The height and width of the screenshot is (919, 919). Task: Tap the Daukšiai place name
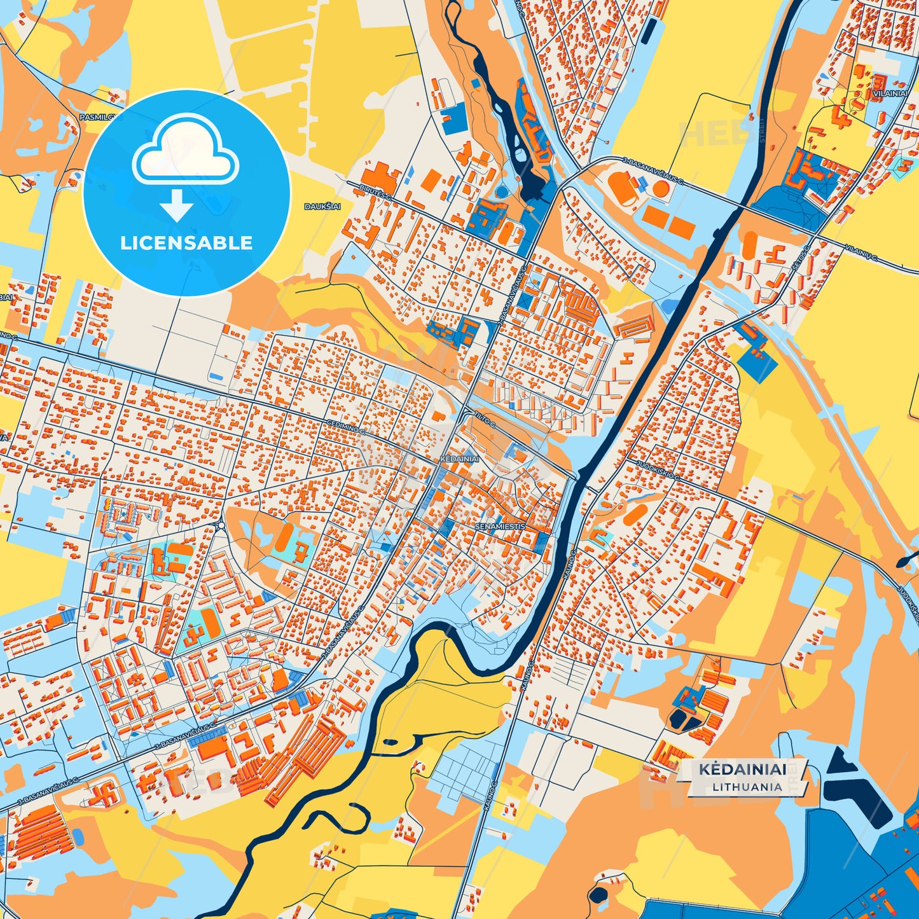[x=322, y=207]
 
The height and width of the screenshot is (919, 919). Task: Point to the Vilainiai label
[x=890, y=93]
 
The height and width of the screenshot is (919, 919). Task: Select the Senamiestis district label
[x=500, y=527]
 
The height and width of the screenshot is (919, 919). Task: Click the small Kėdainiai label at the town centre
[x=459, y=458]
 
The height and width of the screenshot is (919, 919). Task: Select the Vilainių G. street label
[x=862, y=252]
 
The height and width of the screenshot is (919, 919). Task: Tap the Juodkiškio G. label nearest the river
[x=660, y=469]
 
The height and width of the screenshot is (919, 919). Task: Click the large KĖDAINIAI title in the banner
[x=742, y=770]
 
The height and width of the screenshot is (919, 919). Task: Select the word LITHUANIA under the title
[x=747, y=787]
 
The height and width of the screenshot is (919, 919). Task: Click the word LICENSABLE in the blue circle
[x=186, y=243]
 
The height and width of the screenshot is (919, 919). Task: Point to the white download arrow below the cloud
[x=177, y=205]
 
